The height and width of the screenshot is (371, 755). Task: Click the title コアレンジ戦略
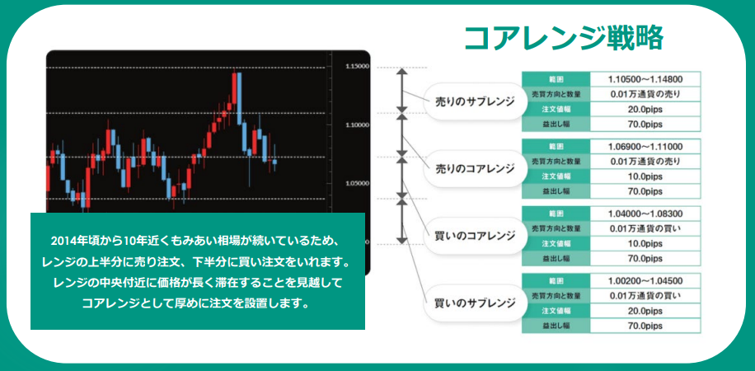(x=563, y=37)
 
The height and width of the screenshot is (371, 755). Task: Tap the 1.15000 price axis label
(x=358, y=67)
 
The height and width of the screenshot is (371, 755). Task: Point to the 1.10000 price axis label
(x=358, y=124)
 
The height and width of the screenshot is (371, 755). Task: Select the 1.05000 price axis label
(x=358, y=183)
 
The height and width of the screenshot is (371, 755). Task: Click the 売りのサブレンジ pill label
(x=475, y=101)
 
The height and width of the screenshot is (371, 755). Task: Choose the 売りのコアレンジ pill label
(x=475, y=169)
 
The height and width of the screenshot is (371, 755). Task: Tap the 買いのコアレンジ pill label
(x=475, y=236)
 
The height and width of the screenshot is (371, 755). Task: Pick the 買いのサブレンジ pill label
(x=475, y=303)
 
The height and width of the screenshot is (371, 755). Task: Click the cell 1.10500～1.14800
(x=645, y=79)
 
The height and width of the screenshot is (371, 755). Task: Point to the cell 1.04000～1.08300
(x=645, y=214)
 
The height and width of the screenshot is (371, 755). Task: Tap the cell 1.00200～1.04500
(x=645, y=281)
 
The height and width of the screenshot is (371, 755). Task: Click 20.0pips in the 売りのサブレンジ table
(x=645, y=110)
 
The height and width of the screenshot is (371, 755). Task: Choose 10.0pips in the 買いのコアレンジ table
(x=645, y=243)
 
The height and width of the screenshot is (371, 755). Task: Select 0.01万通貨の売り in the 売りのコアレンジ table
(x=645, y=162)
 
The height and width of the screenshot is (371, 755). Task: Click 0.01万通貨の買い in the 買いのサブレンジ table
(x=645, y=295)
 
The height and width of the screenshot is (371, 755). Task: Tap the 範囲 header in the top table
(x=556, y=79)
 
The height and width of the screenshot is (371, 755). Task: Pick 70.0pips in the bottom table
(x=645, y=326)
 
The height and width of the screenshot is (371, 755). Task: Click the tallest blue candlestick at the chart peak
(x=239, y=98)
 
